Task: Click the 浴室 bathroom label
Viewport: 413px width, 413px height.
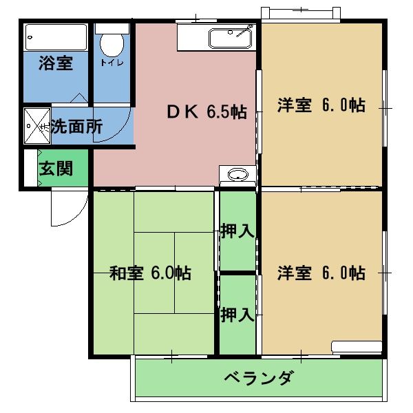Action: (x=56, y=64)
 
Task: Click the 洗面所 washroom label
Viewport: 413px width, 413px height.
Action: (x=76, y=127)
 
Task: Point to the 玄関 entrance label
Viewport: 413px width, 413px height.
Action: (x=55, y=169)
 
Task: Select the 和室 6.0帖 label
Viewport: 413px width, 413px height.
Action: (x=151, y=273)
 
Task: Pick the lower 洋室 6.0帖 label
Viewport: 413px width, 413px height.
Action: (x=321, y=273)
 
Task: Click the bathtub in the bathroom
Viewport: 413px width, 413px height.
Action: (x=56, y=36)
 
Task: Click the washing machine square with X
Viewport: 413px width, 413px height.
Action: (x=36, y=127)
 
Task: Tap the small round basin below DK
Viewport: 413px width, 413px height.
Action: (x=237, y=174)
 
